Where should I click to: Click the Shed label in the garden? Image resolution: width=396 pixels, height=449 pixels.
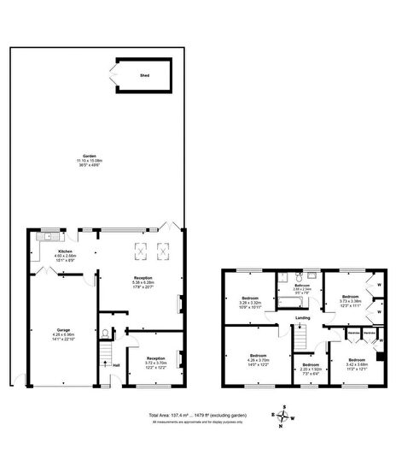(144, 75)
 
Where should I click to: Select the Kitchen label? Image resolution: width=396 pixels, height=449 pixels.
(66, 255)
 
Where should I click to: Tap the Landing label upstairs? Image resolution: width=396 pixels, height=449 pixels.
(302, 318)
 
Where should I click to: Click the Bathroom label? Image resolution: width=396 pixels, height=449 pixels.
(302, 287)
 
